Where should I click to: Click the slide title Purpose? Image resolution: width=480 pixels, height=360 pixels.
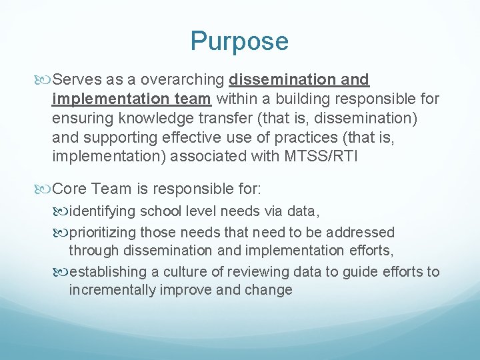pyautogui.click(x=239, y=41)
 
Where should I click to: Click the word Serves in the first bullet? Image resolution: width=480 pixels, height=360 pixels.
pyautogui.click(x=73, y=80)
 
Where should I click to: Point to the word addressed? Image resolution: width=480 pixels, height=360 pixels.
pyautogui.click(x=362, y=233)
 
